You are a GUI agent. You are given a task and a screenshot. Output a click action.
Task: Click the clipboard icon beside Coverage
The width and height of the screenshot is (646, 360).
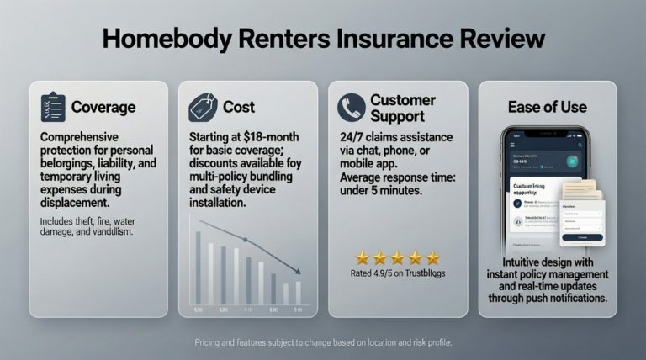(53, 107)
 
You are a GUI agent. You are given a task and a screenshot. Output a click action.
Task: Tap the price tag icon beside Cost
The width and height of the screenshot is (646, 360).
(204, 107)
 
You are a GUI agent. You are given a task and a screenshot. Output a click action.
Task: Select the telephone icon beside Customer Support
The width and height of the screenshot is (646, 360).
(351, 107)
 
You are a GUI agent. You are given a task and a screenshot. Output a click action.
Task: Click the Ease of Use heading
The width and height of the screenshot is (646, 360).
(547, 107)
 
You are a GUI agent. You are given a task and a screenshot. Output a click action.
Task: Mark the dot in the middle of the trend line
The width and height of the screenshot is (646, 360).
(246, 240)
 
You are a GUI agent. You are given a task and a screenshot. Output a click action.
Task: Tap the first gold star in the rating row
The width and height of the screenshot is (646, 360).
(362, 257)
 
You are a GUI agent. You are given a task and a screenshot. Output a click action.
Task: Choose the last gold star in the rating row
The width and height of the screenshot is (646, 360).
(432, 257)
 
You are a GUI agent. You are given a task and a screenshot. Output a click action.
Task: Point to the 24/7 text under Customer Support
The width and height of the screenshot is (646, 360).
(352, 137)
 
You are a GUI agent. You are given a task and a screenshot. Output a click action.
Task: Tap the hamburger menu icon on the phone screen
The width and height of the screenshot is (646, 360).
(511, 146)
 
